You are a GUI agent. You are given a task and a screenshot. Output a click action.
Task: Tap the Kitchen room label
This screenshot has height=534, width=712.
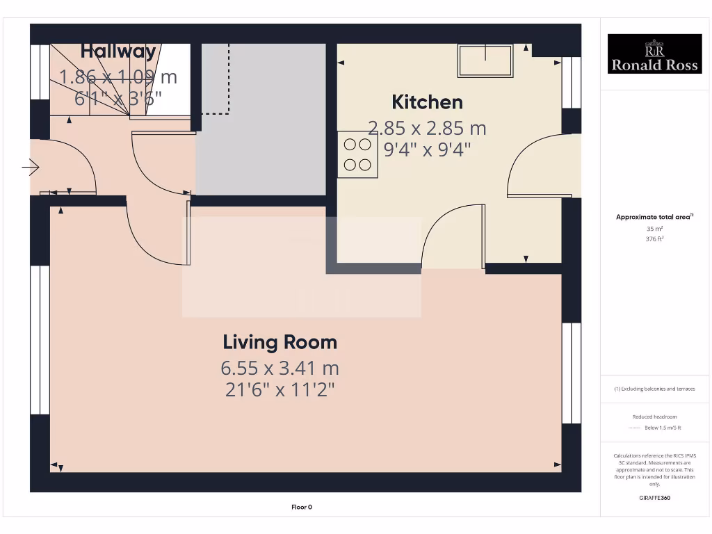(x=427, y=102)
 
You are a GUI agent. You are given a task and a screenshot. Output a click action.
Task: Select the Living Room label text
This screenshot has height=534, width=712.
(x=280, y=342)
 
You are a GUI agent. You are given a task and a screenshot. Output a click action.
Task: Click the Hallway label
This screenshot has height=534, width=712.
(x=118, y=51)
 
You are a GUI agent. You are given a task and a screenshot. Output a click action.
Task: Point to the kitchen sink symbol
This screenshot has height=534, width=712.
(x=485, y=60)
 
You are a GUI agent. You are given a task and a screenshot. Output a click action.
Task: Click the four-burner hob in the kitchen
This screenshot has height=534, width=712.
(x=357, y=154)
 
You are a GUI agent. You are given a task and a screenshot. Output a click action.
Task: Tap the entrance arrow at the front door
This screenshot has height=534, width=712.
(x=31, y=168)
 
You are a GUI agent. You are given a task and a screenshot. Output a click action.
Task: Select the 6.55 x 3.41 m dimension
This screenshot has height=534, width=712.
(x=280, y=367)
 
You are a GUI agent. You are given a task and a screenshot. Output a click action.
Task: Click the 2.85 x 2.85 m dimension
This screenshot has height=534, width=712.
(x=427, y=128)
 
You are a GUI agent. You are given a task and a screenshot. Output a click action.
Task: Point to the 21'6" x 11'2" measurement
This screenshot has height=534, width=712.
(x=280, y=390)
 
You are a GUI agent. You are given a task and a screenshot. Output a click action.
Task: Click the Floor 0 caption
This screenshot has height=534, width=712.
(x=301, y=507)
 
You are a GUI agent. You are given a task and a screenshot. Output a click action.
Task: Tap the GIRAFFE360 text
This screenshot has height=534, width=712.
(x=654, y=498)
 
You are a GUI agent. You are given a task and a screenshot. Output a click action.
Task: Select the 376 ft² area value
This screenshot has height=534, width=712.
(x=654, y=238)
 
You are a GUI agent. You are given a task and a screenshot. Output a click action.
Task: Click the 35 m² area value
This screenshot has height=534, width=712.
(x=654, y=228)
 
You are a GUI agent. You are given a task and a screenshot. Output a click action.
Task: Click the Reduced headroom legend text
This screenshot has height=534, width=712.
(x=654, y=417)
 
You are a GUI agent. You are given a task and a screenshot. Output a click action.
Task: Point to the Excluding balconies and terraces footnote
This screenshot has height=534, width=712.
(x=654, y=389)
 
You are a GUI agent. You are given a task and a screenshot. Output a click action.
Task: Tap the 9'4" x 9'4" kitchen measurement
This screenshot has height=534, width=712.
(x=427, y=149)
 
